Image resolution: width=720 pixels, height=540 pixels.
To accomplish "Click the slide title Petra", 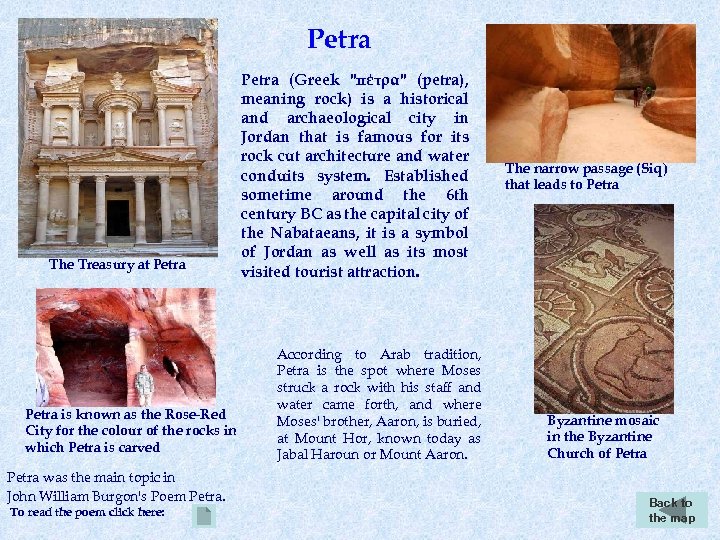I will [x=339, y=40].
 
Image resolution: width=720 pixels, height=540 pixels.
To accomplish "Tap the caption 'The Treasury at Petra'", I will [x=117, y=265].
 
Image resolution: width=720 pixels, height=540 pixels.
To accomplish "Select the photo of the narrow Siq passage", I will [x=590, y=93].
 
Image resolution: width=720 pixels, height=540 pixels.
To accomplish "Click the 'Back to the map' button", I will [x=671, y=510].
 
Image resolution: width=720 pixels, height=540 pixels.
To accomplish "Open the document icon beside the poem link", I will [x=204, y=516].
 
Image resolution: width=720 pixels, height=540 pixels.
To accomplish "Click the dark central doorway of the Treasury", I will [x=118, y=217].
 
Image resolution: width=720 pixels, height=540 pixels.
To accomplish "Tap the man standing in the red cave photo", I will [x=144, y=385].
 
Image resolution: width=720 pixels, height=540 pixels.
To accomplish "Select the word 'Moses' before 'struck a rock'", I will [x=461, y=371].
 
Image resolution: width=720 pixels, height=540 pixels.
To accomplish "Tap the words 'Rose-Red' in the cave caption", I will [x=197, y=414].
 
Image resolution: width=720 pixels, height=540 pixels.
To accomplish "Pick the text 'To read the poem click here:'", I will [x=88, y=512].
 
